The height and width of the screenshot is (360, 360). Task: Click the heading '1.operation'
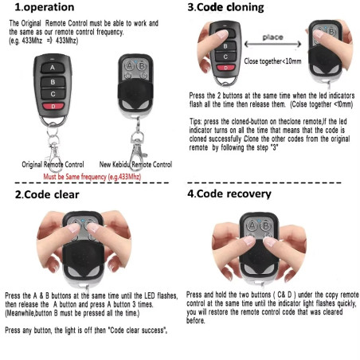coord(43,9)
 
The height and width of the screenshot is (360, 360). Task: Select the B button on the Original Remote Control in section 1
coord(52,80)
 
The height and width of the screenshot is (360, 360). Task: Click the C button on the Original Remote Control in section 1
coord(52,93)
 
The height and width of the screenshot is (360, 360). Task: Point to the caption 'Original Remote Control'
coord(53,164)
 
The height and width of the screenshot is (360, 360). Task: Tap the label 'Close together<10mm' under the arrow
coord(273,61)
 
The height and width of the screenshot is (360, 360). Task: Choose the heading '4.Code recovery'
coord(229,194)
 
